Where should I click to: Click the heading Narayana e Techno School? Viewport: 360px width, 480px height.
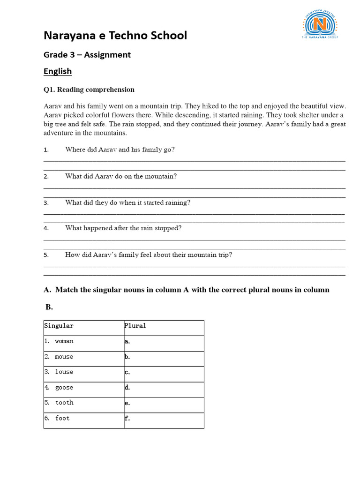pyautogui.click(x=115, y=36)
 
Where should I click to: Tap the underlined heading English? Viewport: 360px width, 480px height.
pyautogui.click(x=58, y=71)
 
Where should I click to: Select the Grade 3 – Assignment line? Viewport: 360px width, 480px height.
pyautogui.click(x=87, y=55)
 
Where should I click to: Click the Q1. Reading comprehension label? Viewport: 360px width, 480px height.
pyautogui.click(x=89, y=90)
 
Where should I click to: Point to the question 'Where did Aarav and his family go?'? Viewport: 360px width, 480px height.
pyautogui.click(x=120, y=150)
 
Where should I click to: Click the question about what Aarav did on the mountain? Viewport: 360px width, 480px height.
pyautogui.click(x=121, y=176)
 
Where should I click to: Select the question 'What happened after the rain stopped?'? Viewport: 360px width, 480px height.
pyautogui.click(x=123, y=228)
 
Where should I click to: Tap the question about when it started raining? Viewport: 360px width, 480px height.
pyautogui.click(x=127, y=202)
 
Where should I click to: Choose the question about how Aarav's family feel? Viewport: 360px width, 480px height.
pyautogui.click(x=149, y=255)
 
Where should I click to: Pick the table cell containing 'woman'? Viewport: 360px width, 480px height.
pyautogui.click(x=83, y=341)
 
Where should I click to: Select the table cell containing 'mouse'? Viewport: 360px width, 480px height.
pyautogui.click(x=83, y=357)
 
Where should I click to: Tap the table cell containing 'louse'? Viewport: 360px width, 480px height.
pyautogui.click(x=83, y=372)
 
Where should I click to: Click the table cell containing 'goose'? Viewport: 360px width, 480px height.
pyautogui.click(x=83, y=388)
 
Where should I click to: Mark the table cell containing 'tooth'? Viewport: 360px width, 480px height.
pyautogui.click(x=83, y=403)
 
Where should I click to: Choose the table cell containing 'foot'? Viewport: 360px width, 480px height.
pyautogui.click(x=83, y=418)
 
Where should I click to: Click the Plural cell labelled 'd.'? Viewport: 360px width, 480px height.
pyautogui.click(x=164, y=388)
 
